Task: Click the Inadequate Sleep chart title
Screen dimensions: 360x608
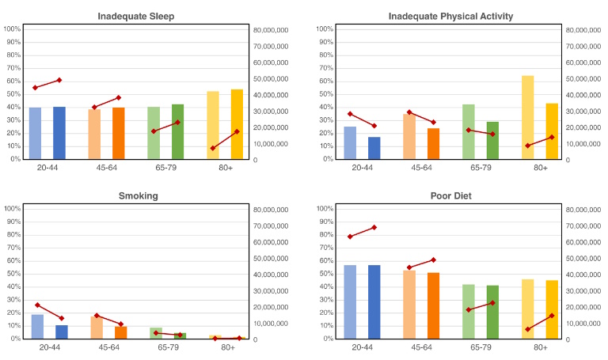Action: click(136, 16)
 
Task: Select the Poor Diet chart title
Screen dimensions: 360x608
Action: click(450, 195)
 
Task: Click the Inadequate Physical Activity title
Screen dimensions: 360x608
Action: click(450, 16)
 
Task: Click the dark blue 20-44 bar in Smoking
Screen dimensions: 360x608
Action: click(61, 332)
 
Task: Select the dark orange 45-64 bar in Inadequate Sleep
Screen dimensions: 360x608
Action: click(119, 133)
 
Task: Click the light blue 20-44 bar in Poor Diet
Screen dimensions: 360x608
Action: click(350, 301)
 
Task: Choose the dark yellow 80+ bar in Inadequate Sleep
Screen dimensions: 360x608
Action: click(237, 124)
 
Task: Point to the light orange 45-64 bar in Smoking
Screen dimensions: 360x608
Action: click(95, 327)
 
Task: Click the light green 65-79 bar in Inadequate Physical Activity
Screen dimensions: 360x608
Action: click(469, 131)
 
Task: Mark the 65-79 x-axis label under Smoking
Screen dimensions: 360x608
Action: click(166, 347)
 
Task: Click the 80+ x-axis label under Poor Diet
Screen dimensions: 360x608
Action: click(541, 347)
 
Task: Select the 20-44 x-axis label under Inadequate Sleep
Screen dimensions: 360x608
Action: click(49, 168)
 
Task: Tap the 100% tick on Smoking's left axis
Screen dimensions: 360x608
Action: click(13, 209)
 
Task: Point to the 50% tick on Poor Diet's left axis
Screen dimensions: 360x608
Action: click(327, 274)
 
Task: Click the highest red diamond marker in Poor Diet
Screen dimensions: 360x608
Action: click(374, 227)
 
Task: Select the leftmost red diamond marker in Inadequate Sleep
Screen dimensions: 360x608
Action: click(35, 88)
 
